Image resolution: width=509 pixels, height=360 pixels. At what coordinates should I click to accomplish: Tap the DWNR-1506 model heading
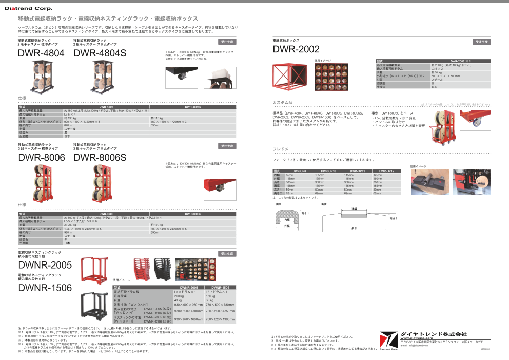click(45, 288)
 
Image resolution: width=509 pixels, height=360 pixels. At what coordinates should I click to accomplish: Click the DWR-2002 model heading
click(296, 49)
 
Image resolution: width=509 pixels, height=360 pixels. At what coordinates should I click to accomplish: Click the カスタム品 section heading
click(282, 102)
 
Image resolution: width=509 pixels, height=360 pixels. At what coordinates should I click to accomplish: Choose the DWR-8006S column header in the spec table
click(192, 213)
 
